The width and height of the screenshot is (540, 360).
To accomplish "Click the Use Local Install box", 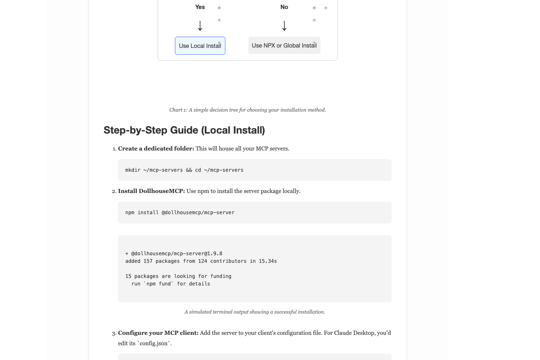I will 200,46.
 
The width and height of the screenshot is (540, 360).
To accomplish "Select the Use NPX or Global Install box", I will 284,45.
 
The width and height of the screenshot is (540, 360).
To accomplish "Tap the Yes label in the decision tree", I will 200,7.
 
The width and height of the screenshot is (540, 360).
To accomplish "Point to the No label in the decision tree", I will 284,7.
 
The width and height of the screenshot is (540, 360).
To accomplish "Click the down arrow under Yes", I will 200,26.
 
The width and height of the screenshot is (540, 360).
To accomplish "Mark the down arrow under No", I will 284,26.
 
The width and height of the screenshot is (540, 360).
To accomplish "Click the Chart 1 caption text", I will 247,110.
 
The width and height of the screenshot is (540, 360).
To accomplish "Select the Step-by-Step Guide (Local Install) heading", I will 184,130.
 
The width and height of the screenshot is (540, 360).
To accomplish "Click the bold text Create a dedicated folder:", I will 156,149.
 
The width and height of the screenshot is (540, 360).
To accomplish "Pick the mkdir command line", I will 184,170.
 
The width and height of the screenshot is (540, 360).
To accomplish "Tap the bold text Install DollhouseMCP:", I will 151,191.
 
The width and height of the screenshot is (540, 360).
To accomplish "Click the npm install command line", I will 180,212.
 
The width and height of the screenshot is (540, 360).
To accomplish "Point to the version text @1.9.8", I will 213,253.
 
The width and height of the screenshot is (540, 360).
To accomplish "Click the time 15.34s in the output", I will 267,261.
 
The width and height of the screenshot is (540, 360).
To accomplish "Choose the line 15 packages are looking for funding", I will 178,276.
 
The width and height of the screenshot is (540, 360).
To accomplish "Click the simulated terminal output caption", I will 255,312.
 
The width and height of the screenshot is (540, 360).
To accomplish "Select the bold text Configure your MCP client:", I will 158,333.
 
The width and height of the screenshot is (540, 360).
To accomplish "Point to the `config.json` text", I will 154,343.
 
